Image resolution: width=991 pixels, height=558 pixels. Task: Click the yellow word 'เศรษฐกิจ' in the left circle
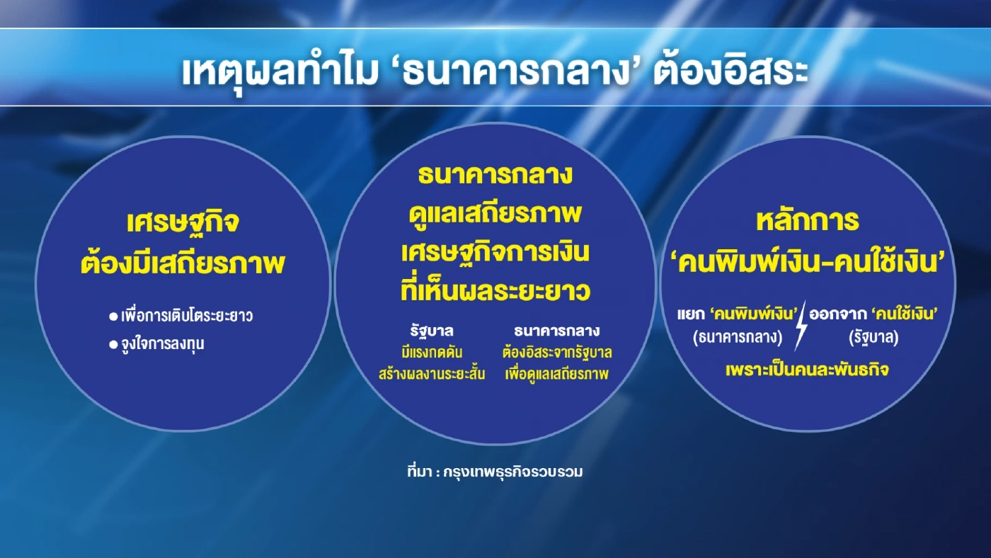183,222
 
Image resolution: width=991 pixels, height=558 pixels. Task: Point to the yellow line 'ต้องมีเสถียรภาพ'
183,264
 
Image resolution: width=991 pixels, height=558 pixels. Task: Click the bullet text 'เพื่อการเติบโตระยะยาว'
187,316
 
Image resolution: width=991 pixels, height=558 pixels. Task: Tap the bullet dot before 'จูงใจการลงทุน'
113,344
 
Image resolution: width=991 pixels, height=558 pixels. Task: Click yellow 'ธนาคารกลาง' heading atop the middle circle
495,174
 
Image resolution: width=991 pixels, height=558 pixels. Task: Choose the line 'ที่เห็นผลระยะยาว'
495,291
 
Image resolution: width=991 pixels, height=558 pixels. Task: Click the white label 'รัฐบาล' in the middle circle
431,331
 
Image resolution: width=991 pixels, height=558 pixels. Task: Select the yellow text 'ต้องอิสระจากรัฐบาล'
557,352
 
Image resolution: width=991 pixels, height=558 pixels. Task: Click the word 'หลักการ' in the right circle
808,221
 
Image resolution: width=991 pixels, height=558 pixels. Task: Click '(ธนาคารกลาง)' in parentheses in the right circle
737,338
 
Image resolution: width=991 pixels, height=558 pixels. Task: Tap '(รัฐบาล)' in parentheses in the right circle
873,338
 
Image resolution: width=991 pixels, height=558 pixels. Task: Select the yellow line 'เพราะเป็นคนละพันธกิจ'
807,370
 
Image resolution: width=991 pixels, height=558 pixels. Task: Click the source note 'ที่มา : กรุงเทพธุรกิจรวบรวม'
495,472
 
